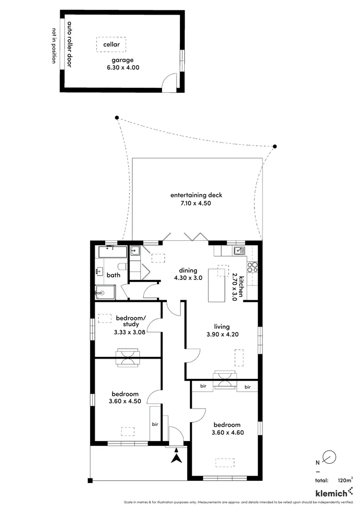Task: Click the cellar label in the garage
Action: pyautogui.click(x=112, y=45)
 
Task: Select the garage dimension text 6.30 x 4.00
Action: pyautogui.click(x=123, y=67)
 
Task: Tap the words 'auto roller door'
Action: pyautogui.click(x=69, y=44)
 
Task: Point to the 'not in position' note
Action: pyautogui.click(x=54, y=46)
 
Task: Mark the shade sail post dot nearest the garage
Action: pyautogui.click(x=117, y=118)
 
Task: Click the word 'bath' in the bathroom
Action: pyautogui.click(x=113, y=275)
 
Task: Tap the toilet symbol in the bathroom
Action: pyautogui.click(x=122, y=266)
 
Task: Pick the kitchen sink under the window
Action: pyautogui.click(x=238, y=251)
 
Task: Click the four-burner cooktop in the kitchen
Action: pyautogui.click(x=253, y=267)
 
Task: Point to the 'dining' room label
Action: pyautogui.click(x=188, y=271)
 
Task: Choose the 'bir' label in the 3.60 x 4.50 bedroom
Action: pyautogui.click(x=155, y=424)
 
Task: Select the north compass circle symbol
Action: pyautogui.click(x=330, y=456)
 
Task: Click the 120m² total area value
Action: pyautogui.click(x=345, y=480)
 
